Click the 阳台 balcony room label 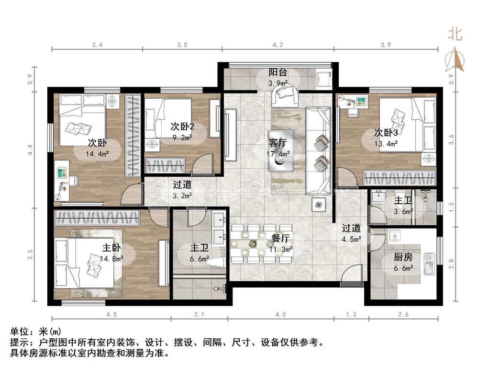point(278,72)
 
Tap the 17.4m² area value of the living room point(278,154)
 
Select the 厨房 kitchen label point(403,257)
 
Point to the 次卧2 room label point(182,126)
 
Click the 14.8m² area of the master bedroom point(111,258)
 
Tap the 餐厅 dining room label point(280,238)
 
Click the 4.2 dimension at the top point(278,45)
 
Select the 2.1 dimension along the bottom point(199,314)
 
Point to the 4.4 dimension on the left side point(30,150)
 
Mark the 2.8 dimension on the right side point(451,264)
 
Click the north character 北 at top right point(455,34)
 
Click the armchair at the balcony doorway point(284,95)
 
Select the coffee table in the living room point(280,151)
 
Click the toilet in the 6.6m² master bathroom point(218,262)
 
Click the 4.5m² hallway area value point(352,240)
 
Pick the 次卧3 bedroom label point(386,133)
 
